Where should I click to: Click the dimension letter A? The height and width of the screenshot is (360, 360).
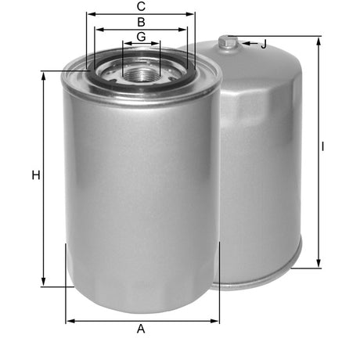tap(141, 329)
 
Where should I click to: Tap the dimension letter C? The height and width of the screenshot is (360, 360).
tap(141, 6)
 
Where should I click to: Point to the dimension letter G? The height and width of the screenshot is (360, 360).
tap(141, 37)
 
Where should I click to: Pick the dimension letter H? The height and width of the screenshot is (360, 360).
tap(35, 176)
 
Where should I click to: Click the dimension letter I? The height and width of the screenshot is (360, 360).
tap(323, 146)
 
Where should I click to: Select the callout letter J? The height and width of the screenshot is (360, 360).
tap(263, 45)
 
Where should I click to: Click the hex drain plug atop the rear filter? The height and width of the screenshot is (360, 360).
tap(228, 42)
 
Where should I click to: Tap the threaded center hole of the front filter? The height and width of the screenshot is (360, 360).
tap(142, 74)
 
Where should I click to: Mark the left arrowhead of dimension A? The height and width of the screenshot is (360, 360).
tap(70, 320)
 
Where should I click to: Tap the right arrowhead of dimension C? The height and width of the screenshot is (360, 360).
tap(193, 14)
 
